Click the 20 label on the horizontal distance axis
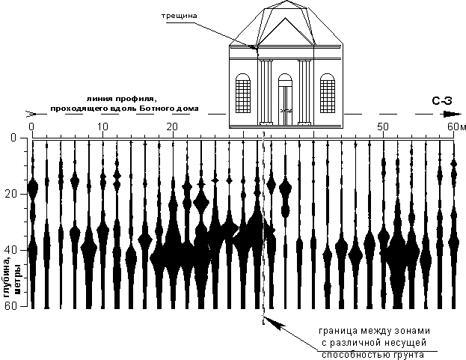[172, 125]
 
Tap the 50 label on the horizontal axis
[383, 125]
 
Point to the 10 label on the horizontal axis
[102, 125]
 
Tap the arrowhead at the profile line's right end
[449, 114]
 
